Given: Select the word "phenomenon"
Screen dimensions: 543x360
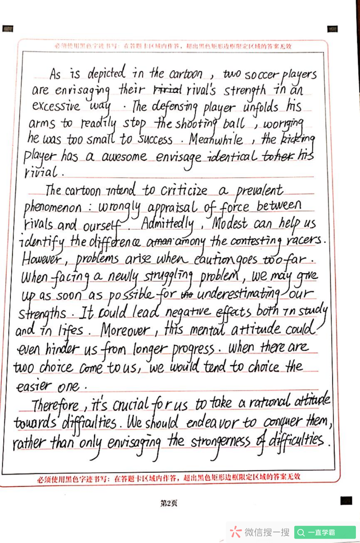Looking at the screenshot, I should click(x=52, y=208).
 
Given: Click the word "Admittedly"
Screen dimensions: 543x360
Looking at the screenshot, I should click(x=167, y=224).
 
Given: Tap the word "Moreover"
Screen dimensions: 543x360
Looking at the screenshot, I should click(x=125, y=331).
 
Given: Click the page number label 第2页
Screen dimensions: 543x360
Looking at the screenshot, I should click(x=169, y=503).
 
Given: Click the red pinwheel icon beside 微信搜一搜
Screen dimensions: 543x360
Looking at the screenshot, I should click(x=235, y=532).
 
